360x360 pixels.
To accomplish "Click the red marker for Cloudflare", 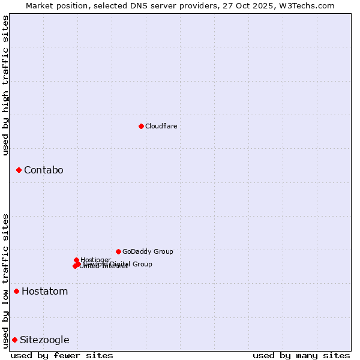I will [141, 126].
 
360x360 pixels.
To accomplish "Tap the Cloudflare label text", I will [161, 126].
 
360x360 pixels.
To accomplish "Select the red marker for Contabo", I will [19, 170].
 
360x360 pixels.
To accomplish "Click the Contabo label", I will [43, 170].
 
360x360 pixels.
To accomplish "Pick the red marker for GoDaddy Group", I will [118, 251].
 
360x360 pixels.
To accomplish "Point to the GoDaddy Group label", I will [148, 251].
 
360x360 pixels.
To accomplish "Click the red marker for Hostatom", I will [16, 292].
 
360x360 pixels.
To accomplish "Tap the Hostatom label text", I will [44, 292].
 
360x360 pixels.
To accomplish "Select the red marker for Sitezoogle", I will [14, 340].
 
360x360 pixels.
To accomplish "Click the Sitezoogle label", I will [44, 340].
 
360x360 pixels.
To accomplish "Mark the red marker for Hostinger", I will [77, 260].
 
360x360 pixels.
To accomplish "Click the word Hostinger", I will [95, 260].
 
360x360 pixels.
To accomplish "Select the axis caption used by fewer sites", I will [62, 355].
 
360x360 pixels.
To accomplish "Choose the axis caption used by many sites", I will [301, 355].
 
